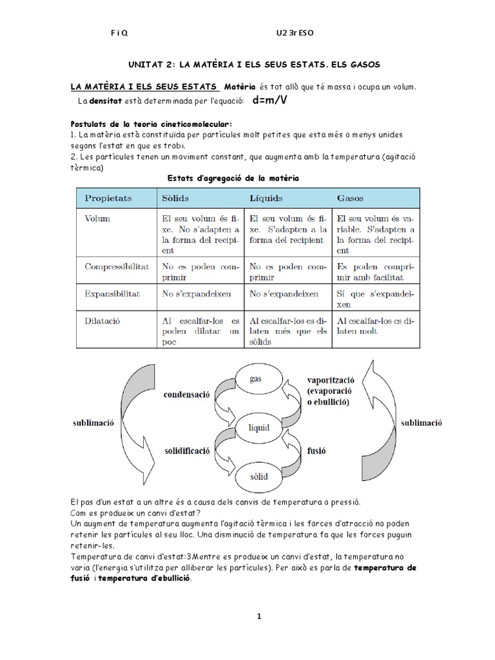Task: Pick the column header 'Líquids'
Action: tap(266, 197)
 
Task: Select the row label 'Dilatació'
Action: tap(103, 320)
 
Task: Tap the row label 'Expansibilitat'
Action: tap(113, 293)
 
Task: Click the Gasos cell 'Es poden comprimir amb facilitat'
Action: tap(376, 271)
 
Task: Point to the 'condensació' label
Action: tap(188, 394)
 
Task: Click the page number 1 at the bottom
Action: tap(259, 616)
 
